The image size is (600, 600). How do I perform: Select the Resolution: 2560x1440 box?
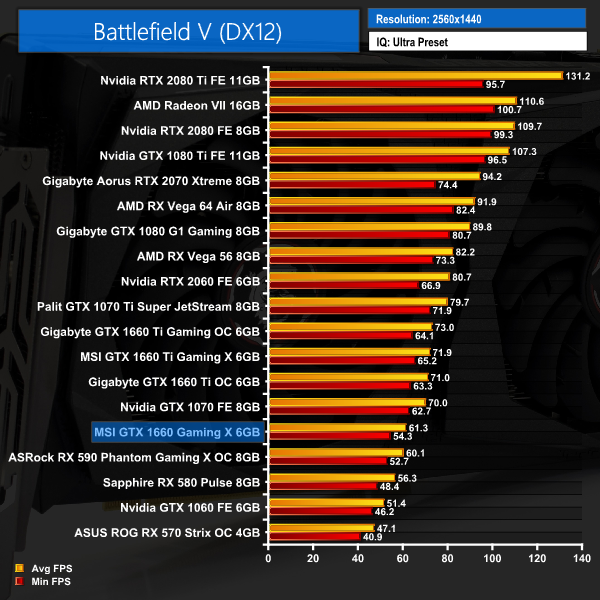476,19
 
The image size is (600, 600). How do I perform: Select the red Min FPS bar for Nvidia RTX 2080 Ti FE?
375,84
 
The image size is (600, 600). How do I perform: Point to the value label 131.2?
578,75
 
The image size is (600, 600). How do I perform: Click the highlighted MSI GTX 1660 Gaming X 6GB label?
176,431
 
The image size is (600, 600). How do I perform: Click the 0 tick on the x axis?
267,559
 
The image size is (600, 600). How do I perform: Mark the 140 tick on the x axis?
578,559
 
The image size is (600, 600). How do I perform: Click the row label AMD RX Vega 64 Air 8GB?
188,206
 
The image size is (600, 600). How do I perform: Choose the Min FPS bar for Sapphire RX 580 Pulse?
321,486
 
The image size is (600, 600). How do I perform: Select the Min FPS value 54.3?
404,436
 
